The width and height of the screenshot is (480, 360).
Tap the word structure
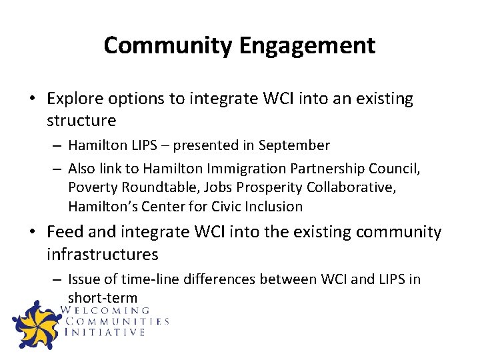point(81,121)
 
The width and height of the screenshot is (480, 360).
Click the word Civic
point(227,207)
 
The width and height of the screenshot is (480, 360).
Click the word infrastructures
point(103,254)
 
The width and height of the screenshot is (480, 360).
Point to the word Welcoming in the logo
point(105,310)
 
